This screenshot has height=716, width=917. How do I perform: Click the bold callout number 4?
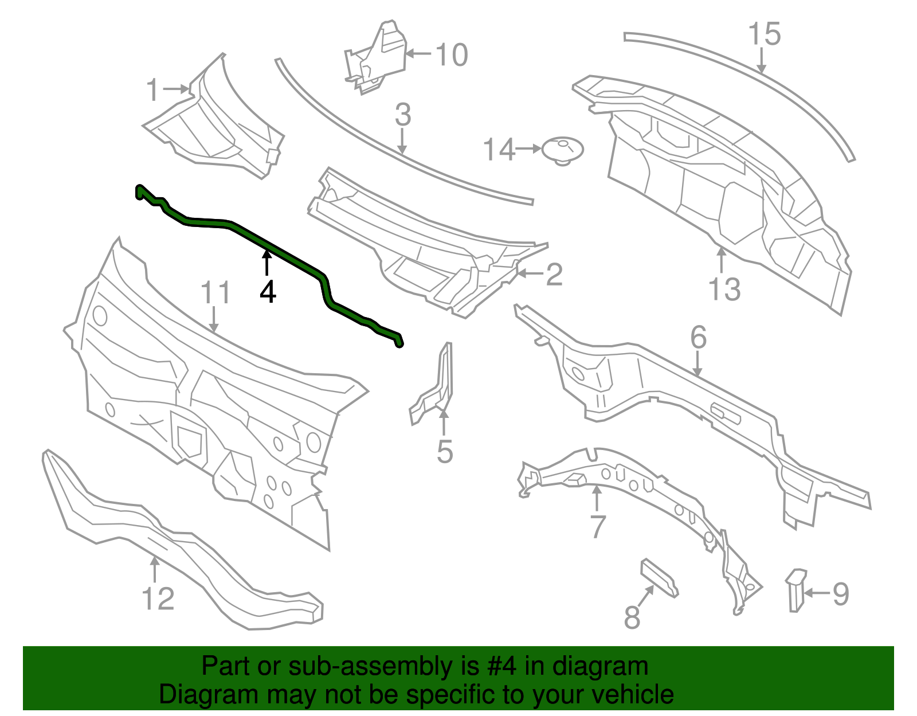point(268,292)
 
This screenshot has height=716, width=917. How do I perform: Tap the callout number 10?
point(452,55)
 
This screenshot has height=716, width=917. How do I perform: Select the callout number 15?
point(765,34)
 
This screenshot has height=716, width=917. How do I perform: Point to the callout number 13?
point(724,289)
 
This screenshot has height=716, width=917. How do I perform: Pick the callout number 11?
point(215,292)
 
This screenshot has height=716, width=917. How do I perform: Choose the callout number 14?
point(499,150)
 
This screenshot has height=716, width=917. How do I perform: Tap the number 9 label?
point(840,594)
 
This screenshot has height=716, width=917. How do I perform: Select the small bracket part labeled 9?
point(795,590)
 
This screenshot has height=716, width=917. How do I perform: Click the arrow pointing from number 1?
point(176,89)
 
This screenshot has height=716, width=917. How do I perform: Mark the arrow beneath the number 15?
point(762,61)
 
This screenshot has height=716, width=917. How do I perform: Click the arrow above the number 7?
point(596,498)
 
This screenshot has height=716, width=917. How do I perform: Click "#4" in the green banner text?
point(502,666)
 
